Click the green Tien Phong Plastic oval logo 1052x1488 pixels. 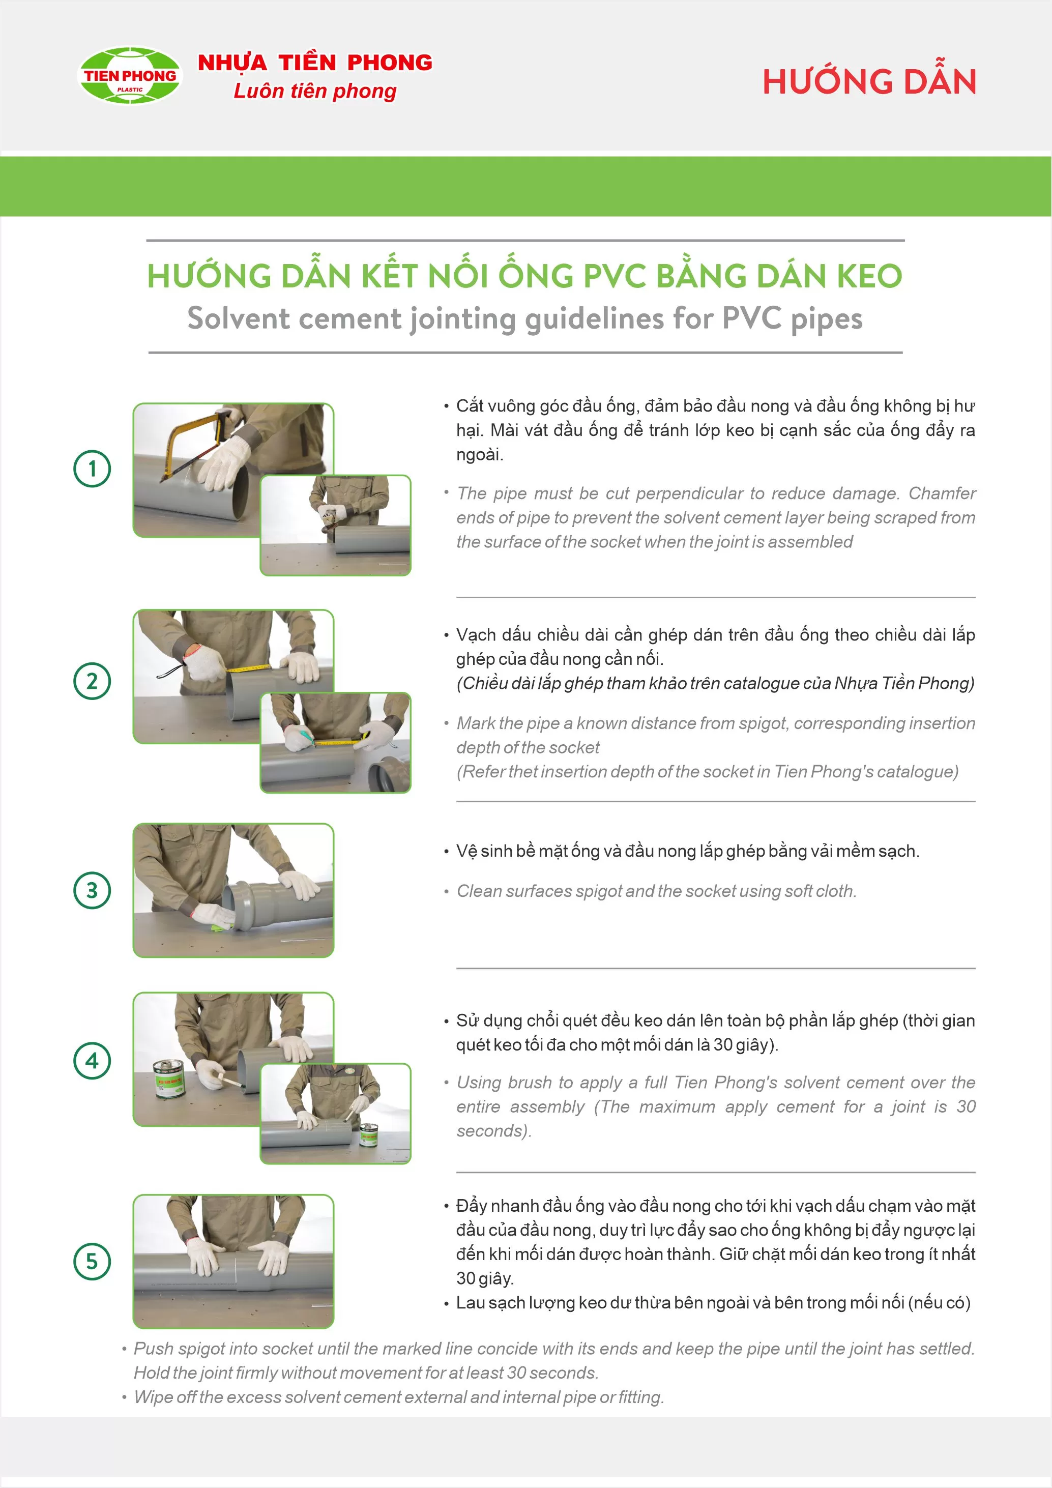130,75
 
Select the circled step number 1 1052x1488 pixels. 92,469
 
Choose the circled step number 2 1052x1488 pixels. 92,681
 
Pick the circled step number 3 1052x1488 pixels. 92,890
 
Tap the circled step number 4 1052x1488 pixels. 92,1060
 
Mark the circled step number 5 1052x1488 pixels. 92,1261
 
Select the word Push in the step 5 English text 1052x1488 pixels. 154,1348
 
